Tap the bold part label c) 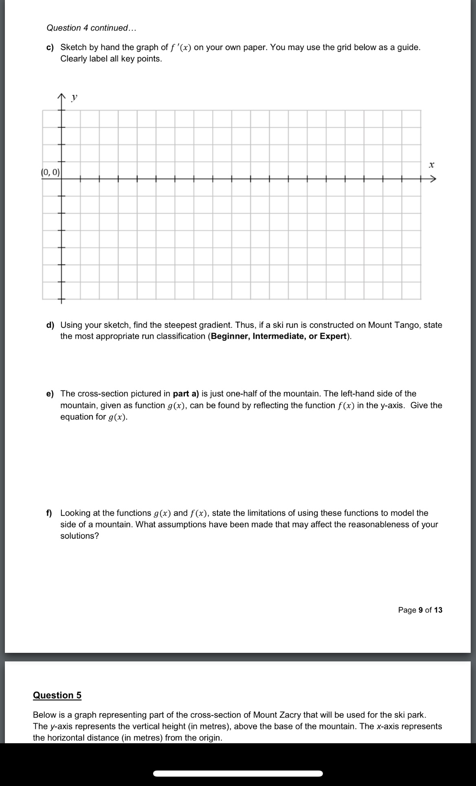point(50,48)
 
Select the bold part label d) point(50,325)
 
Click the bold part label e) point(50,394)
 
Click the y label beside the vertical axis point(74,97)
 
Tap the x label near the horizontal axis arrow point(432,165)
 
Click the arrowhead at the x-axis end point(433,179)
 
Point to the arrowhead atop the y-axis point(61,97)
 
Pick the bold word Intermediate point(279,336)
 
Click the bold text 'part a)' point(186,394)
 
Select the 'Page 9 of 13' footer point(420,610)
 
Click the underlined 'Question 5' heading point(57,695)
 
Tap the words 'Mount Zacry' point(277,715)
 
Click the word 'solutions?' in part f point(79,536)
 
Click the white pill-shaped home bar point(238,773)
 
